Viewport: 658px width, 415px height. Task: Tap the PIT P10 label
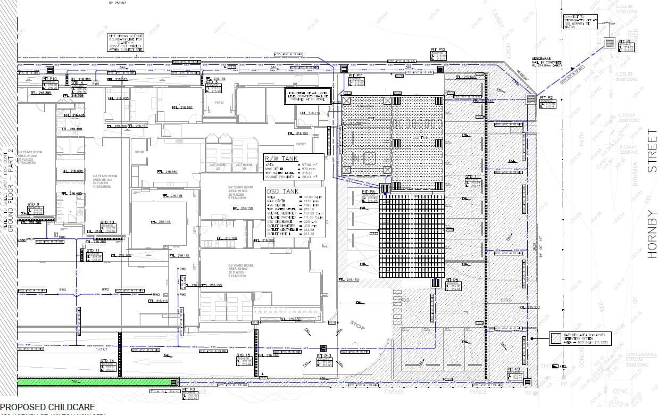coord(49,78)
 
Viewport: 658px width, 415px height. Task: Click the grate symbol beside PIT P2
coord(531,99)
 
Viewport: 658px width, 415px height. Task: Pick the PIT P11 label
coord(355,76)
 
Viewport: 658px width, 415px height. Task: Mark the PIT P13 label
coord(324,355)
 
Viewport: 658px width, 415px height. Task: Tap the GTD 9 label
coord(34,204)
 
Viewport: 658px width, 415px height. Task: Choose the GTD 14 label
coord(107,361)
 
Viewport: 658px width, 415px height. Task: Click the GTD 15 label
coord(243,355)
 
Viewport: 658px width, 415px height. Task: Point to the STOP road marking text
coord(357,324)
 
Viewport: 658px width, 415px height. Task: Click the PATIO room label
coord(219,102)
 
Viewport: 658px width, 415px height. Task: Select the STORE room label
coord(139,152)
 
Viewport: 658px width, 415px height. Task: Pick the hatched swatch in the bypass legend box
coord(556,338)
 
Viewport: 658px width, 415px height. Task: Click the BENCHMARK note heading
coord(541,58)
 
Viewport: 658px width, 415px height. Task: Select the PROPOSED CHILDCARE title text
coord(48,407)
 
